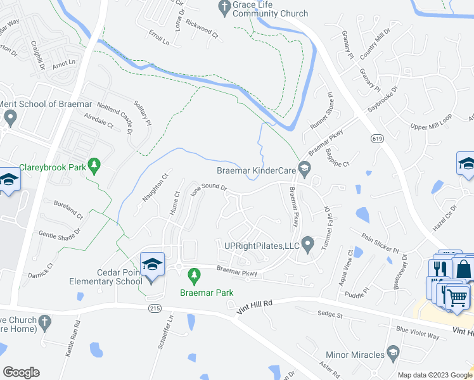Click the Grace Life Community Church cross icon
223,8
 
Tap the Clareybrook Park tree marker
94,166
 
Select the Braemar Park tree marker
195,275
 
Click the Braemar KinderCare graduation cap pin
304,168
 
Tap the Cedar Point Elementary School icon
152,265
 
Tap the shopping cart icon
458,296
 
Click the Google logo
21,372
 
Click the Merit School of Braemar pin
10,117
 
